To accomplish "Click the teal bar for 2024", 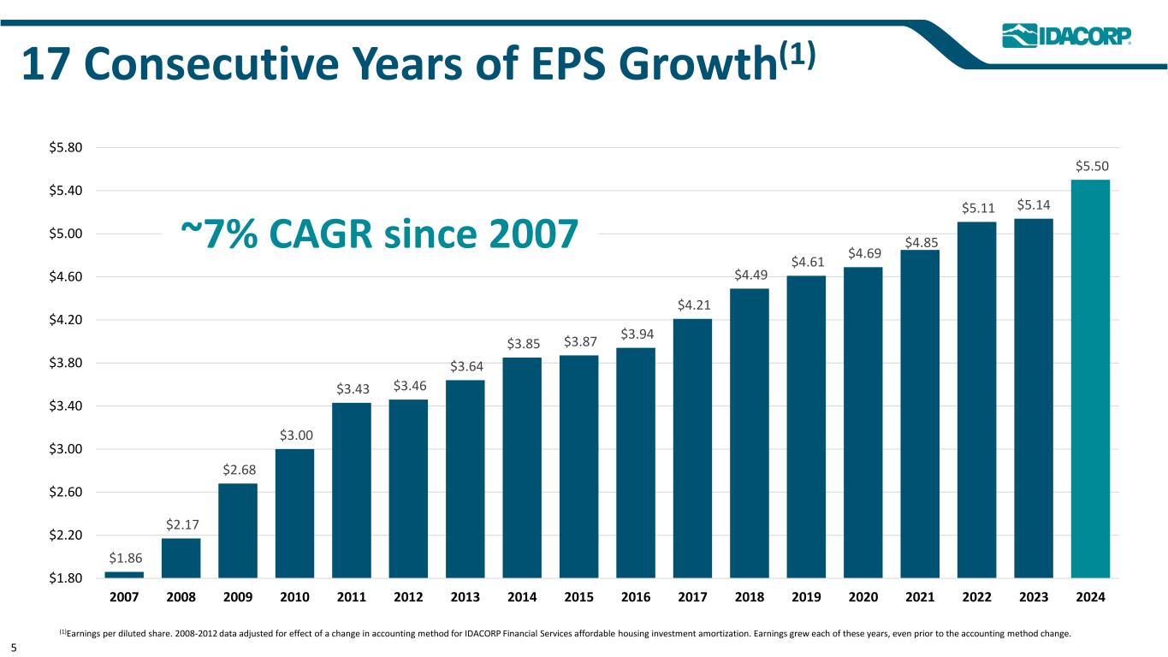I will point(1090,378).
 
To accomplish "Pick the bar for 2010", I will point(294,513).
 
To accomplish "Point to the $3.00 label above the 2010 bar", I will point(294,435).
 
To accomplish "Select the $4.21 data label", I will point(692,305).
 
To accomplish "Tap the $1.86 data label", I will point(125,558).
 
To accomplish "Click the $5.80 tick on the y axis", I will point(65,147).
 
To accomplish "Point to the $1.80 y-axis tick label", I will point(65,578).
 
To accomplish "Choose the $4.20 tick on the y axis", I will point(65,320).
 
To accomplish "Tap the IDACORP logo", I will point(1066,35).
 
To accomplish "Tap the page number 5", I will point(15,648).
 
